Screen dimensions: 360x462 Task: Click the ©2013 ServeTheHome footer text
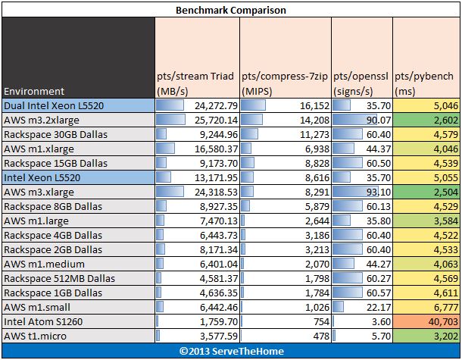point(230,351)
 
